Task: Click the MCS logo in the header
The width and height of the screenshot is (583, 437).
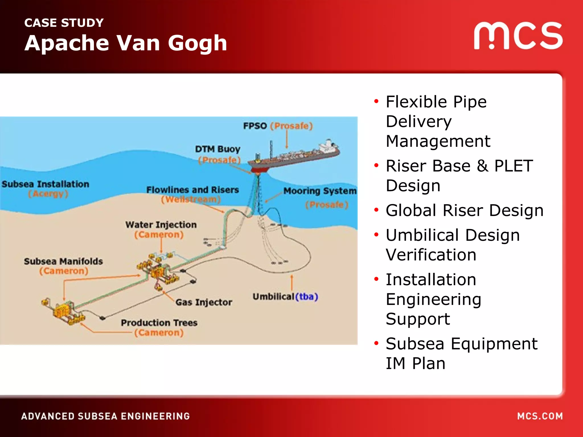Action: (x=518, y=36)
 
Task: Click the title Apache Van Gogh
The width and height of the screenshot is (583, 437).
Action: (x=126, y=43)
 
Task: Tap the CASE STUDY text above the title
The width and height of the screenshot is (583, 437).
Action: (x=64, y=23)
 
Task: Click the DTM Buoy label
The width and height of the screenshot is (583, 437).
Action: (x=218, y=149)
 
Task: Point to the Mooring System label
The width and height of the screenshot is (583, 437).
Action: (x=320, y=191)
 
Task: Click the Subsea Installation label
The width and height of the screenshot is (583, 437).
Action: (x=46, y=184)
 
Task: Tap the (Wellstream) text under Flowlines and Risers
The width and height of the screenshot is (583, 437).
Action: (x=191, y=199)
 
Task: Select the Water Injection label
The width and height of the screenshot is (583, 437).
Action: (x=161, y=225)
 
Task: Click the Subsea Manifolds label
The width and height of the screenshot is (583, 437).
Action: (x=63, y=261)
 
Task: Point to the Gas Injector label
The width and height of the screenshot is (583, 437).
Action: (x=204, y=302)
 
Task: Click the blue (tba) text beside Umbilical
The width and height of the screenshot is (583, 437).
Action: (x=307, y=297)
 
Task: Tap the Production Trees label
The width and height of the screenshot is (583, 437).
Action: (x=159, y=323)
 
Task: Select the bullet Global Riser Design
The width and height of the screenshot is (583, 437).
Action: (x=464, y=211)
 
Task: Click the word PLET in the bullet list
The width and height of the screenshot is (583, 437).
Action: (x=514, y=166)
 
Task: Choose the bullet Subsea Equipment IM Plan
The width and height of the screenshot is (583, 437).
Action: (x=461, y=353)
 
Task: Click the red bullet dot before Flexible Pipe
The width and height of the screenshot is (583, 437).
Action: (x=376, y=101)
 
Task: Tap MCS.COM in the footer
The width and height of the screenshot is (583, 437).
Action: (x=540, y=416)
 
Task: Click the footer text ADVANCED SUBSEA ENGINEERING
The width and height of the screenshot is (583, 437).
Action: (x=106, y=416)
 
